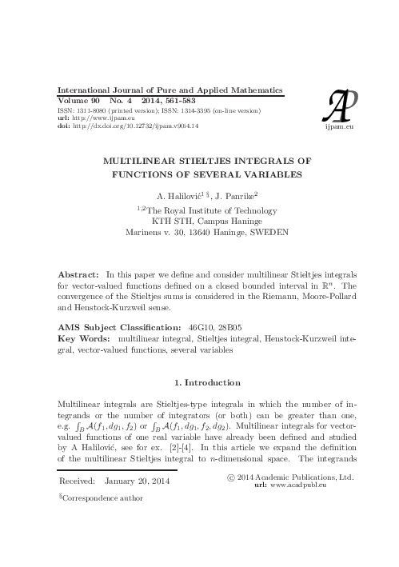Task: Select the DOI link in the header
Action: pos(139,126)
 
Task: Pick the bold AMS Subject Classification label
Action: pos(128,327)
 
